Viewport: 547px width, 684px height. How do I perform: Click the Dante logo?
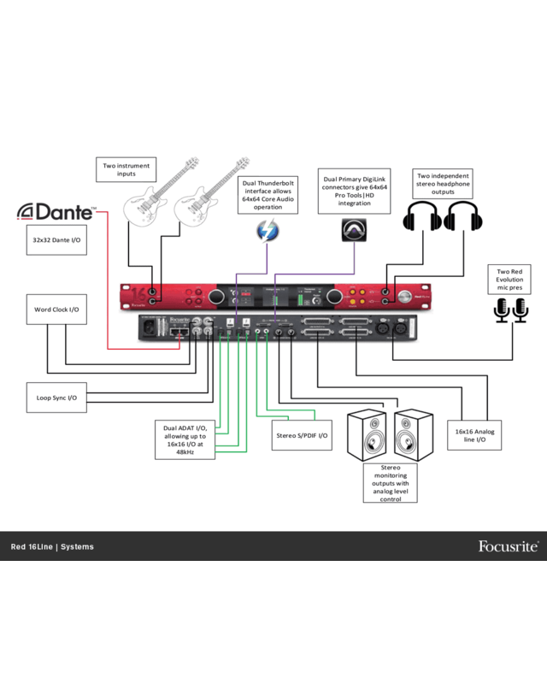tap(57, 211)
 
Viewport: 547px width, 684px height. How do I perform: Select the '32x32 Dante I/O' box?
tap(56, 240)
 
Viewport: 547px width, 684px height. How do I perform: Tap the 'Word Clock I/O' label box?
tap(56, 310)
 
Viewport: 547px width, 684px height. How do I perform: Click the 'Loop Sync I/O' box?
tap(56, 398)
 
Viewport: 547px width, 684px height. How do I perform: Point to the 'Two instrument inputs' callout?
tap(126, 169)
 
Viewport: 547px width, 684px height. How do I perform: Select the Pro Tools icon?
tap(354, 230)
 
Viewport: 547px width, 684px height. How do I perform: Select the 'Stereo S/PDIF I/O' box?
tap(300, 435)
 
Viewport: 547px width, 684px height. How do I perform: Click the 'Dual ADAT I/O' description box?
tap(185, 439)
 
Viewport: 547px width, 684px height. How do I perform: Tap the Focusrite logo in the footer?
tap(508, 546)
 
